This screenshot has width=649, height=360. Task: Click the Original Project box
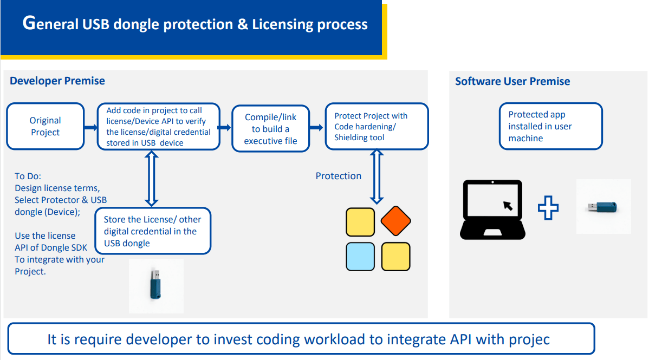click(46, 126)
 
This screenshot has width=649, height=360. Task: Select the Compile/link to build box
click(271, 129)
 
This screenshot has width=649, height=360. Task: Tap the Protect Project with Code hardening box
click(377, 126)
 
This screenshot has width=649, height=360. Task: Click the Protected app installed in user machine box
click(551, 126)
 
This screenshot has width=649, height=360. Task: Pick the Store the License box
click(153, 231)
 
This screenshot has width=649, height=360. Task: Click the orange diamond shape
click(395, 221)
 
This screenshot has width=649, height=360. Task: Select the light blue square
click(360, 257)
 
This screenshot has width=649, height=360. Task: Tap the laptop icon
click(492, 210)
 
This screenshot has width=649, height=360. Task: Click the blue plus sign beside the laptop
click(548, 208)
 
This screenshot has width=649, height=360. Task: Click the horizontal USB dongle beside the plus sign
click(602, 206)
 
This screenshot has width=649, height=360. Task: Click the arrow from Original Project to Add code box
click(90, 127)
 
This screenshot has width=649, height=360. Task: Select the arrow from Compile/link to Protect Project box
click(316, 127)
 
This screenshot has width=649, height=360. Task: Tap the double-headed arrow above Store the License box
click(152, 178)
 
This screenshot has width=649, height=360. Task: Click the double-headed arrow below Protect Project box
click(377, 176)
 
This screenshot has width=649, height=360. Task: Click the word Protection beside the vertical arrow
click(339, 176)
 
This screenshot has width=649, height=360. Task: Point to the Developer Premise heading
click(57, 81)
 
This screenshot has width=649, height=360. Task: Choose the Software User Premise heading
click(513, 81)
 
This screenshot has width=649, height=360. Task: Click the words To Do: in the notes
click(28, 176)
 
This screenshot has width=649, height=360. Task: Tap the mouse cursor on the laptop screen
click(508, 206)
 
